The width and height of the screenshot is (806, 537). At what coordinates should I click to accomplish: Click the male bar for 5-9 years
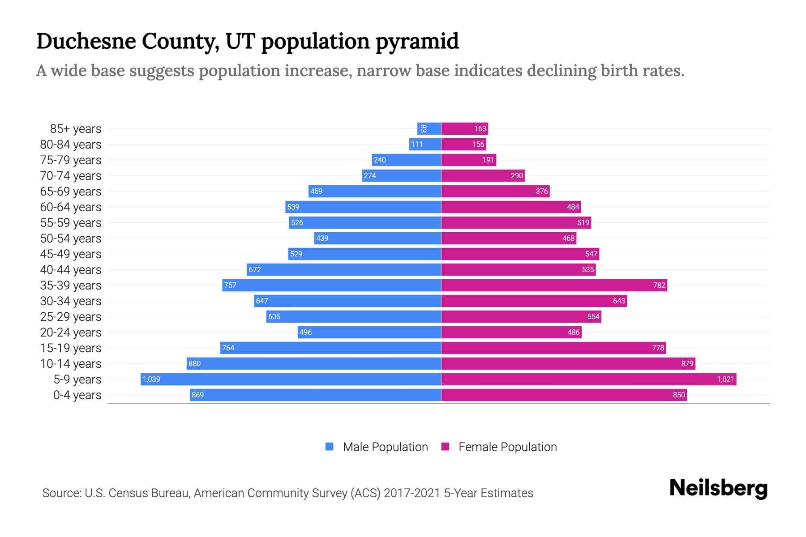click(x=291, y=379)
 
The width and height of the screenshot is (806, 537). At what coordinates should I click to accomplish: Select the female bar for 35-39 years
click(x=554, y=285)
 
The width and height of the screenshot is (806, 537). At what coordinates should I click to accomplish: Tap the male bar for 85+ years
click(x=429, y=128)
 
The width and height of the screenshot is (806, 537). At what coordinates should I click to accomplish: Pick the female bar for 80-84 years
click(x=463, y=144)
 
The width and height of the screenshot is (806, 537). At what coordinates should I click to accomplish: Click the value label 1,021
click(x=725, y=379)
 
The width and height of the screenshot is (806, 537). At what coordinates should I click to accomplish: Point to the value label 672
click(x=255, y=269)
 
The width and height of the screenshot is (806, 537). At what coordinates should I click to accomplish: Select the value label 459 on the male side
click(x=316, y=191)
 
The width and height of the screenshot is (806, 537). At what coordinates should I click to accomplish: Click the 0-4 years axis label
click(x=77, y=395)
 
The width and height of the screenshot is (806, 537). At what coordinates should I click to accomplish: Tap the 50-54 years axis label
click(x=71, y=239)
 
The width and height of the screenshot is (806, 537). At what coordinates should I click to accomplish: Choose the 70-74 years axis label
click(x=71, y=176)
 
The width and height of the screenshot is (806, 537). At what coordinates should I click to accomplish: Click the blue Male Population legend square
click(x=330, y=447)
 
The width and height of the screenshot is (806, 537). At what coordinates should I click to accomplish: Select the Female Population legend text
click(x=507, y=447)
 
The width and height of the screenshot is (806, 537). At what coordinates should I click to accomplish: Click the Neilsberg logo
click(x=718, y=488)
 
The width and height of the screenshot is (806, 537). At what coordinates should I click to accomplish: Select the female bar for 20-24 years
click(x=511, y=332)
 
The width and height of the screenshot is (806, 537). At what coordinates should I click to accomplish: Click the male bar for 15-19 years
click(x=330, y=348)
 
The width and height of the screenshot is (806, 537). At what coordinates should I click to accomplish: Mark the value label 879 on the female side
click(x=687, y=363)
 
